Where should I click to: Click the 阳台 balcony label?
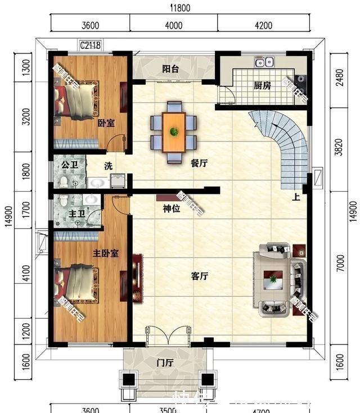[170, 70]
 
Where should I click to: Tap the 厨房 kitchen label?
[262, 86]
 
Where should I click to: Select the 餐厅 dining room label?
[199, 164]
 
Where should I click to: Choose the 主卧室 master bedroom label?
[105, 253]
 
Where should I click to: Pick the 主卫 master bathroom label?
[76, 214]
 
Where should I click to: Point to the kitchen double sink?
[264, 61]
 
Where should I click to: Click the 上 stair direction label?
[295, 197]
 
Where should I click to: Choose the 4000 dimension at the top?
[174, 25]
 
